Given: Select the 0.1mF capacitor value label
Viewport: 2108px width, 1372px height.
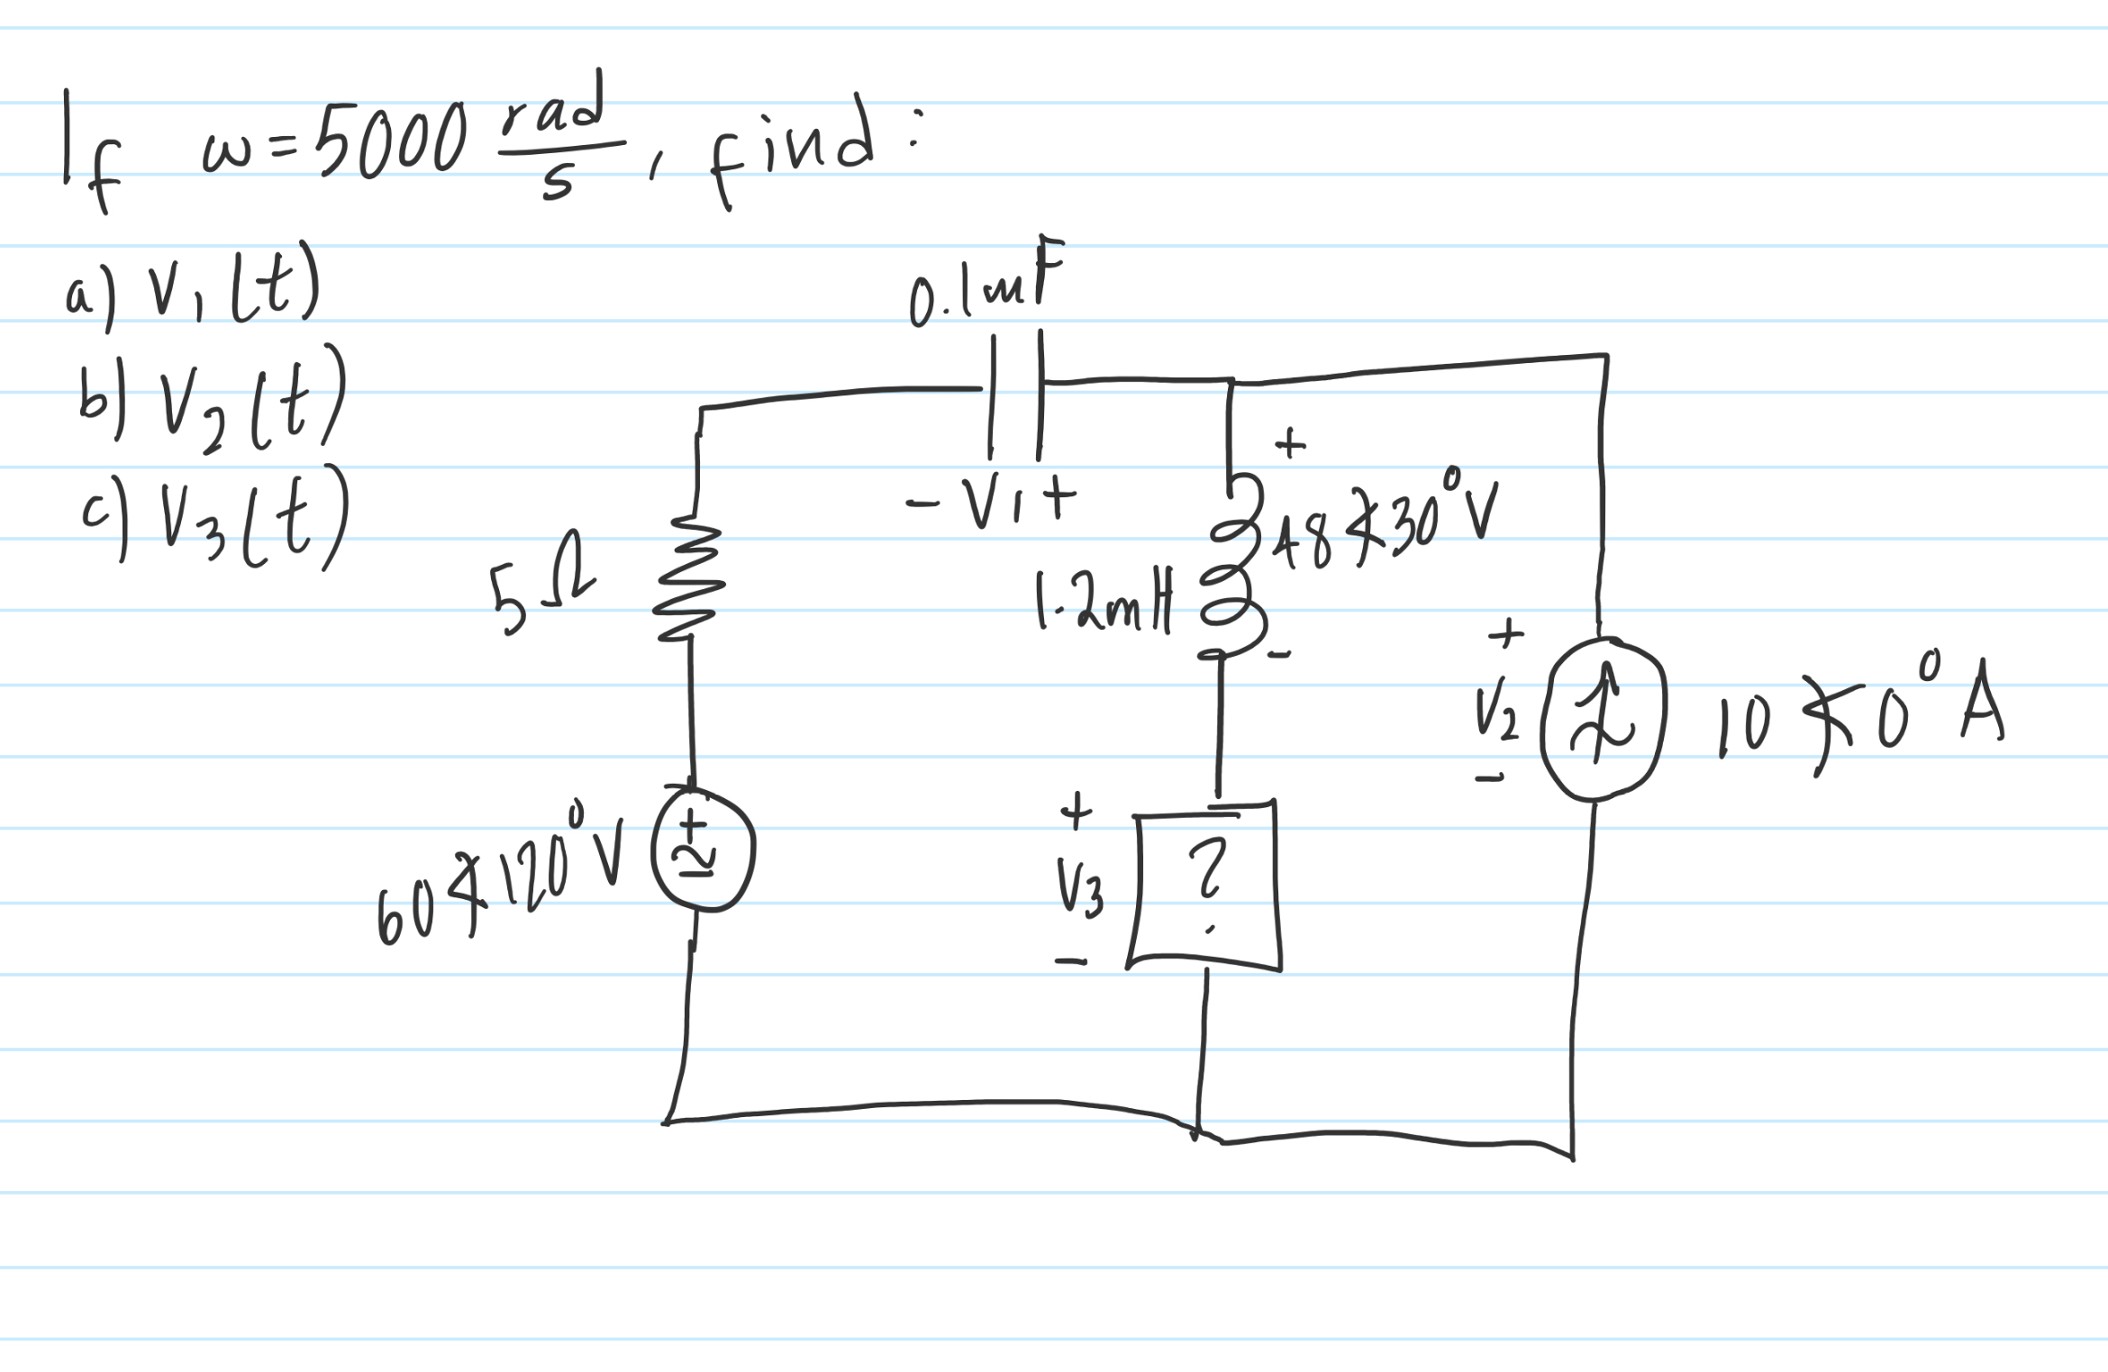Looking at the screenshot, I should click(986, 286).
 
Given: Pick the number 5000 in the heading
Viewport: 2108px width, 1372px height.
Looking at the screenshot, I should click(394, 140).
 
